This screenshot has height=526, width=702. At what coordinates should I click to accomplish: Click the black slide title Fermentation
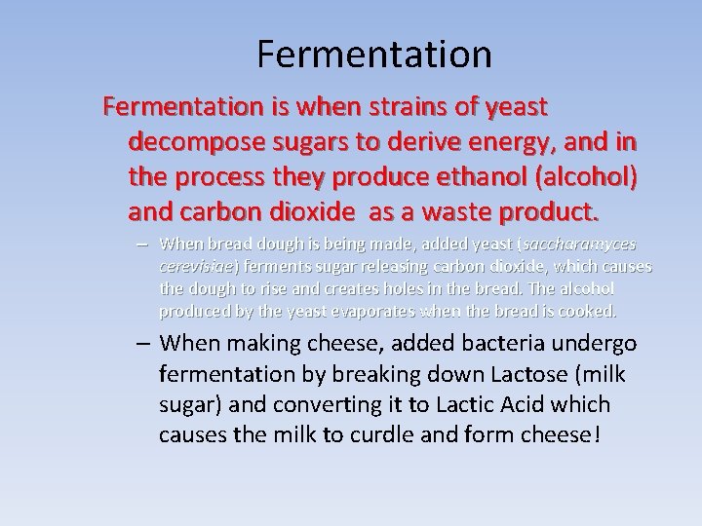pos(374,55)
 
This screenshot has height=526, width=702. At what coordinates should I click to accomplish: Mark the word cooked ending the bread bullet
pos(589,311)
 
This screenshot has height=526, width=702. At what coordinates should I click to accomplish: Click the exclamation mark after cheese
pos(597,433)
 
